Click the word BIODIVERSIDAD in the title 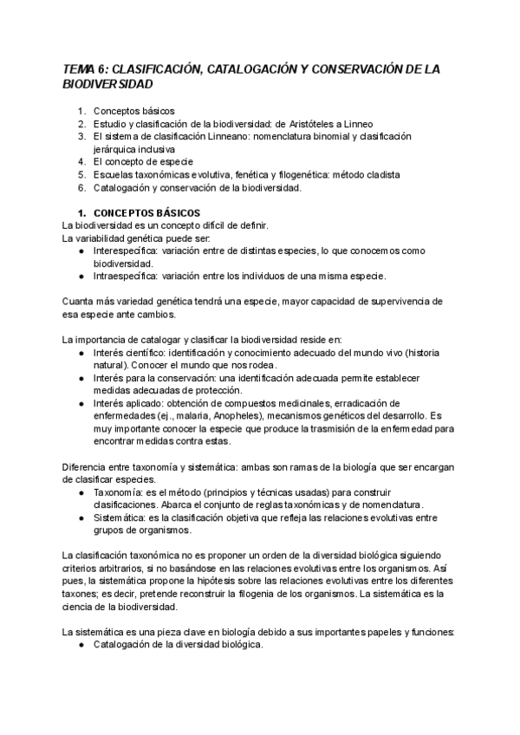[x=108, y=84]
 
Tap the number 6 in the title [x=102, y=68]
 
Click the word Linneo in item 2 [x=357, y=124]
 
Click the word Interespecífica [x=127, y=250]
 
